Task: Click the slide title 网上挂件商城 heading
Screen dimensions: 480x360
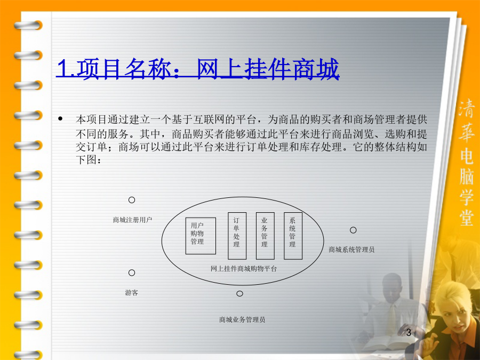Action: [x=198, y=69]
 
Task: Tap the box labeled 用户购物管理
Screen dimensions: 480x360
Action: [x=201, y=236]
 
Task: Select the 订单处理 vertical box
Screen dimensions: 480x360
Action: [x=237, y=236]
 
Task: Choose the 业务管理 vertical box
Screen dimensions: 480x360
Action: [x=265, y=236]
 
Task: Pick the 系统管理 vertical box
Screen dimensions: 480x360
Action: [x=293, y=236]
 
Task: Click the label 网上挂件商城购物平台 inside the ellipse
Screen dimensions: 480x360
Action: [x=244, y=269]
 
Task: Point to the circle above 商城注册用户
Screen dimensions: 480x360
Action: [x=132, y=200]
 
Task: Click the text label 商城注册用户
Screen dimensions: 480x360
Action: [x=132, y=220]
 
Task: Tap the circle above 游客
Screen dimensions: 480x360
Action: [x=132, y=273]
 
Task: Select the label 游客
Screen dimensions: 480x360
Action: [x=132, y=293]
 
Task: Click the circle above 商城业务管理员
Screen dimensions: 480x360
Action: [x=239, y=293]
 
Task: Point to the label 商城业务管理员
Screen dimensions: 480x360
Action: [x=242, y=319]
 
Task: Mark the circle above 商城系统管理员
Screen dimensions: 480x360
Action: [x=353, y=230]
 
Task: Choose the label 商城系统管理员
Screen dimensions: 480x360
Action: [x=351, y=250]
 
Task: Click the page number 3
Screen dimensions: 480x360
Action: [x=409, y=332]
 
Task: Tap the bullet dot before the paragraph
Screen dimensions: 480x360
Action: [x=60, y=119]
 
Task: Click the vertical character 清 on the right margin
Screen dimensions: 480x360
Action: [x=467, y=108]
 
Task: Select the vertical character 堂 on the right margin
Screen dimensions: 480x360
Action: [x=467, y=216]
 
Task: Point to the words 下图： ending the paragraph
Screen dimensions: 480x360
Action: [x=89, y=159]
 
